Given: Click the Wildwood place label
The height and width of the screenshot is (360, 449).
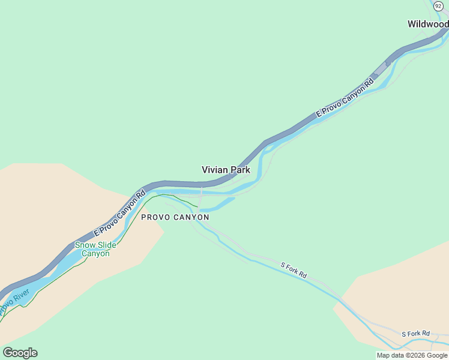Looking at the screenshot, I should tap(427, 25).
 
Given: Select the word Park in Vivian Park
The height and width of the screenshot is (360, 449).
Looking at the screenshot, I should tap(239, 170).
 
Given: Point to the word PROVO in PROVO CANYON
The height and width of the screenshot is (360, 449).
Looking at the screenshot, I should tap(152, 217).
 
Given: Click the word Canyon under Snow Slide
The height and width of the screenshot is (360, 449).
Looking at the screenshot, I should tap(95, 254).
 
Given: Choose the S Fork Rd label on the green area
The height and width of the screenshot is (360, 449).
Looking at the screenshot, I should tap(294, 270).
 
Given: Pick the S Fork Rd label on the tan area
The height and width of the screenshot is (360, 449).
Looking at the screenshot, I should tap(415, 334).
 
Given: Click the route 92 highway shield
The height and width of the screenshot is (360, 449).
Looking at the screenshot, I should tap(438, 5).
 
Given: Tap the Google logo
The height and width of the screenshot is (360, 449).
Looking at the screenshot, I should tap(20, 353).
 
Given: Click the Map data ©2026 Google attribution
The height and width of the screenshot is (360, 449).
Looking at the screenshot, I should tap(412, 355).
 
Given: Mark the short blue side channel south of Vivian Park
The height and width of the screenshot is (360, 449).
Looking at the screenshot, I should tap(218, 205).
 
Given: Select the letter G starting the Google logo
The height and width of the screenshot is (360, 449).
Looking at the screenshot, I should tap(8, 353).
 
